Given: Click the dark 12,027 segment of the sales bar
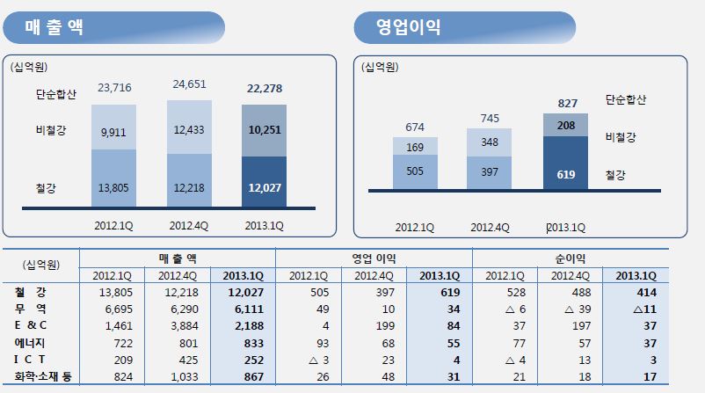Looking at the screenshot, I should pos(265,186).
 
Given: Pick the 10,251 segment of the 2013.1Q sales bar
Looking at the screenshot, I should pos(265,129).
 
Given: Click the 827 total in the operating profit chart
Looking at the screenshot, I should pos(568,103).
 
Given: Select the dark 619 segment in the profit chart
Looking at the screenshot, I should pos(565,174).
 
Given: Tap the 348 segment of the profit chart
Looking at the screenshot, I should pos(490,142).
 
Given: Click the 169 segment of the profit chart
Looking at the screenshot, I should pos(414,147).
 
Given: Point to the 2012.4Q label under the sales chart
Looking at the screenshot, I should pos(190,224).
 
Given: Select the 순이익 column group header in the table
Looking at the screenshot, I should pos(570,258).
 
